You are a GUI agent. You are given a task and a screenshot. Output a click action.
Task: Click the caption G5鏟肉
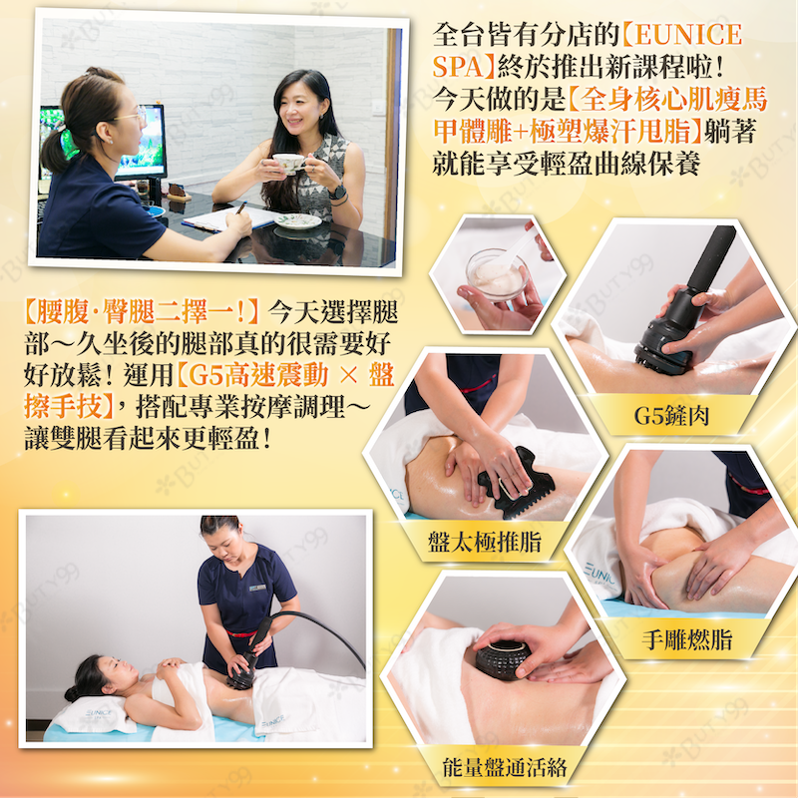point(671,416)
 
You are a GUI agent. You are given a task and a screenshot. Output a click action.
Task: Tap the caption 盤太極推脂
point(484,541)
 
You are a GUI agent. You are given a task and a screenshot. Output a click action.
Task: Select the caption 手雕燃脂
point(687,639)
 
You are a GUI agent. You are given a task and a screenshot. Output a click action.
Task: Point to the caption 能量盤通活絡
point(505,767)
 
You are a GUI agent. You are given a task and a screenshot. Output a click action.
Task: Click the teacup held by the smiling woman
point(288,163)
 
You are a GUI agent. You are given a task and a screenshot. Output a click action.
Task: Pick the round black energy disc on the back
point(503,659)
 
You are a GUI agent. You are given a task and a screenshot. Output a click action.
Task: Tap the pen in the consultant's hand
point(240,208)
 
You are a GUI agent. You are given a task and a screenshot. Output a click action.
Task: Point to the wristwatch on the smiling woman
point(336,193)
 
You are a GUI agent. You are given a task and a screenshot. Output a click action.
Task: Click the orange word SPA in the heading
point(458,67)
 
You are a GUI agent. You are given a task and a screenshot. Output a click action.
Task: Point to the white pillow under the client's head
point(93,714)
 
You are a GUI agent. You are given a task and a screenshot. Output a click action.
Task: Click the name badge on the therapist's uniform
point(257,589)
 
